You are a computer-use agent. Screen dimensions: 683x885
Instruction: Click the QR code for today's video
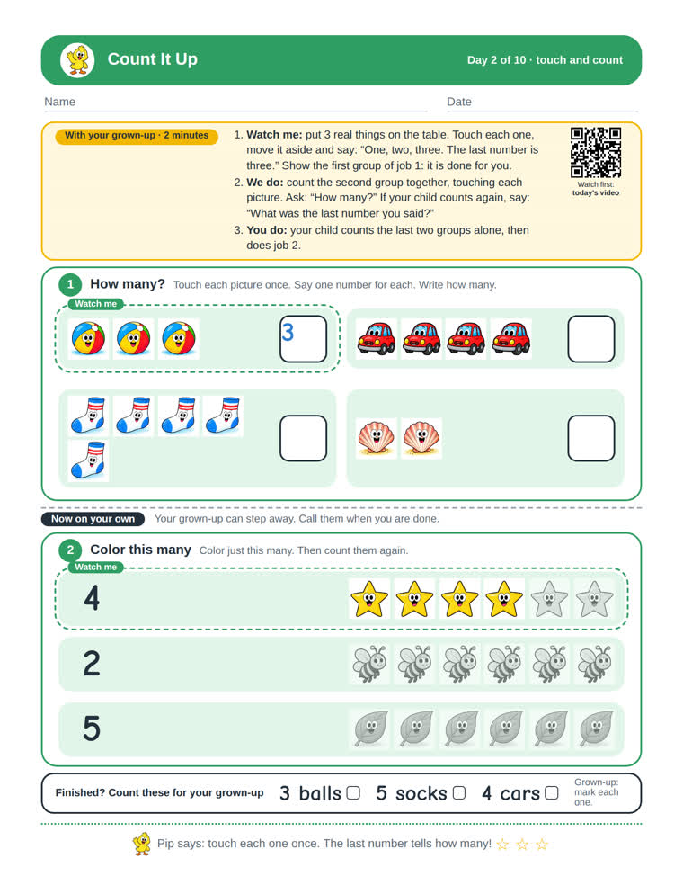pyautogui.click(x=596, y=152)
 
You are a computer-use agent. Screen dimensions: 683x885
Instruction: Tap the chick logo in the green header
pyautogui.click(x=78, y=60)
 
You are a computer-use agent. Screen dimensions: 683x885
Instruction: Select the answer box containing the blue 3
pyautogui.click(x=304, y=339)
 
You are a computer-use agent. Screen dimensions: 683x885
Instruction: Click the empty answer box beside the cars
pyautogui.click(x=591, y=339)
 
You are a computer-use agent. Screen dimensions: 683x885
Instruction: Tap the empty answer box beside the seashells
pyautogui.click(x=591, y=438)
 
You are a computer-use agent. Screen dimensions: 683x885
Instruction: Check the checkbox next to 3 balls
pyautogui.click(x=353, y=793)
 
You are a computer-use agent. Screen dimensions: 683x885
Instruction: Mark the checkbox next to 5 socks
pyautogui.click(x=459, y=793)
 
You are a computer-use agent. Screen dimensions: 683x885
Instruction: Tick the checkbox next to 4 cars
pyautogui.click(x=552, y=793)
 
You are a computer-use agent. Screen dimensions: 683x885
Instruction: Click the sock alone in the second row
pyautogui.click(x=89, y=460)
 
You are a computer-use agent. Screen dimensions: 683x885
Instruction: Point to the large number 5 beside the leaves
pyautogui.click(x=92, y=729)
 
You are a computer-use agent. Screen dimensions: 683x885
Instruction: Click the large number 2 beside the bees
pyautogui.click(x=92, y=663)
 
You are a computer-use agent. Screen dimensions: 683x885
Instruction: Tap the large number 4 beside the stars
pyautogui.click(x=92, y=598)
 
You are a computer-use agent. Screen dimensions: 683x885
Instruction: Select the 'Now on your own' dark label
pyautogui.click(x=93, y=519)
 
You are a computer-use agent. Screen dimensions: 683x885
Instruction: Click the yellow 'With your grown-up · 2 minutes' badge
pyautogui.click(x=137, y=136)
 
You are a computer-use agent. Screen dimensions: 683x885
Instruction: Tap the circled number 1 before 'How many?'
pyautogui.click(x=70, y=284)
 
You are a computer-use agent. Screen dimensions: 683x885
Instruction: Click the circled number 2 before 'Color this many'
pyautogui.click(x=70, y=550)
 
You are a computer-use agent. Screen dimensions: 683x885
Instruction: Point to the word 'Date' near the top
pyautogui.click(x=459, y=102)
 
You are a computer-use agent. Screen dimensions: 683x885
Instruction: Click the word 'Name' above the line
pyautogui.click(x=60, y=102)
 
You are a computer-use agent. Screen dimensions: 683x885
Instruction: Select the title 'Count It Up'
pyautogui.click(x=152, y=59)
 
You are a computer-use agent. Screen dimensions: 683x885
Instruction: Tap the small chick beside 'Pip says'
pyautogui.click(x=142, y=844)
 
